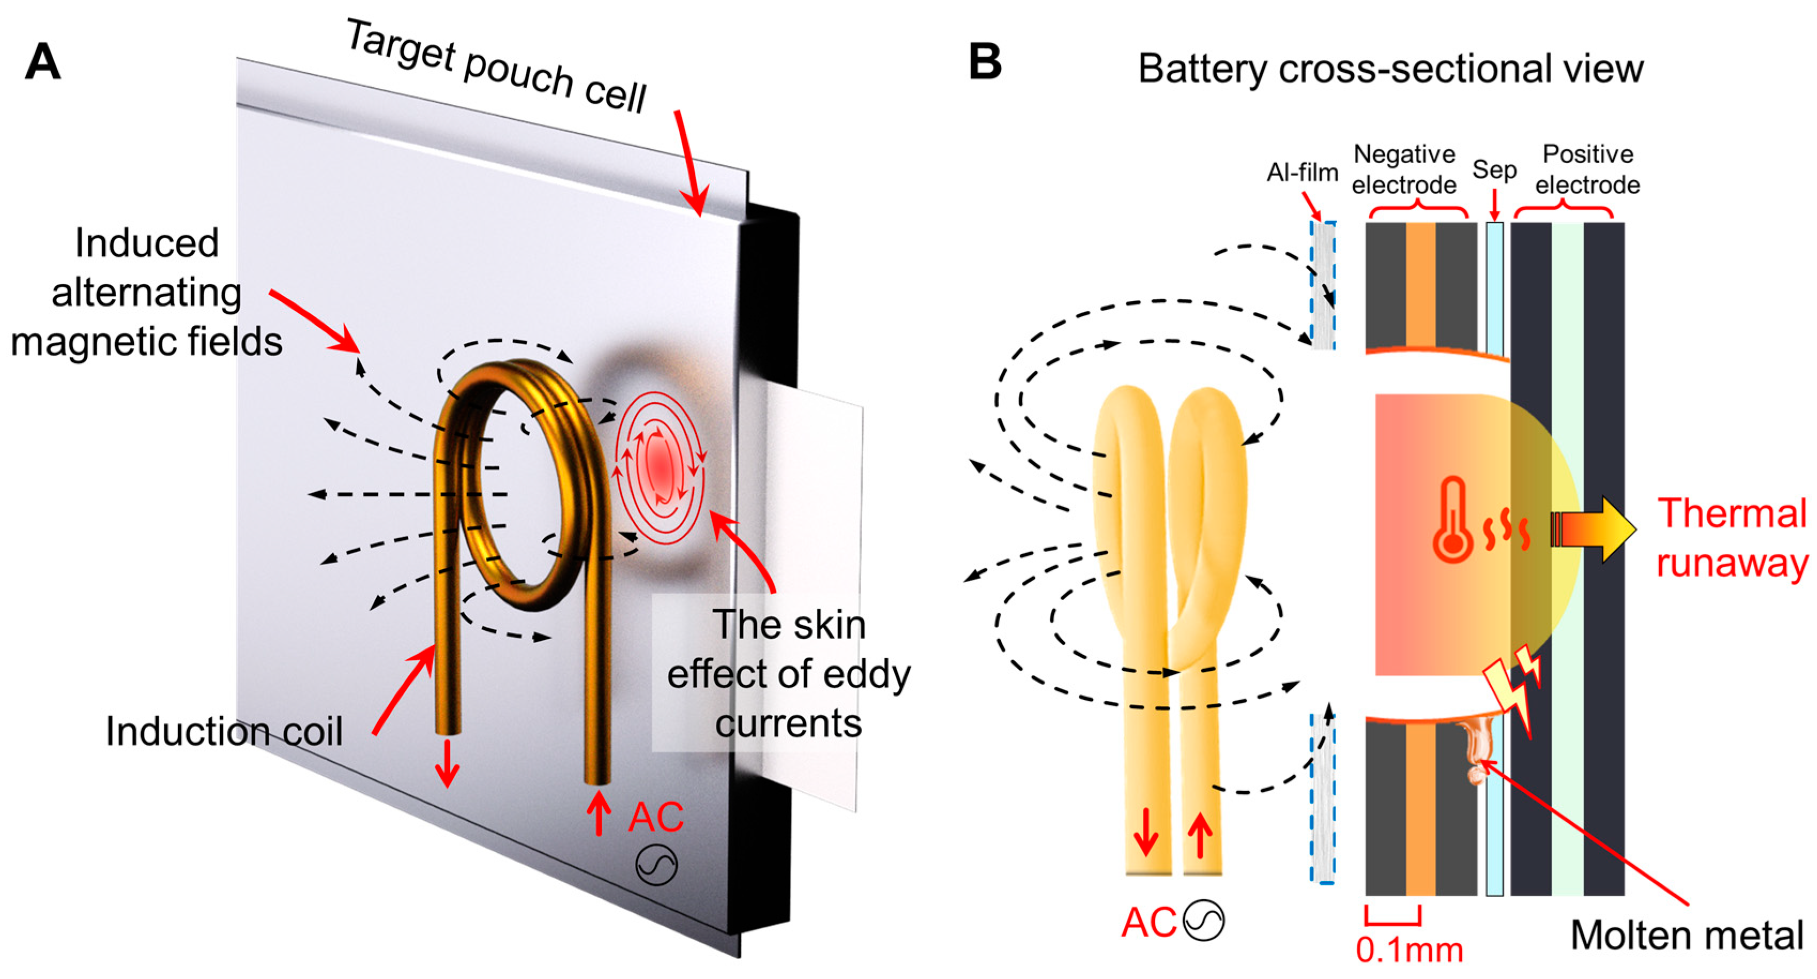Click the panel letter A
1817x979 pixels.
click(x=42, y=62)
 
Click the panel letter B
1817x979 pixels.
click(x=985, y=62)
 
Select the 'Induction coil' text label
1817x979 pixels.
click(x=224, y=731)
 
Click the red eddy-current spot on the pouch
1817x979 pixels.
click(x=660, y=465)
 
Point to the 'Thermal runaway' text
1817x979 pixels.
click(x=1731, y=538)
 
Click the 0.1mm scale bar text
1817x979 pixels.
click(x=1408, y=950)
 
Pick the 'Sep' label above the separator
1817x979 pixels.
click(x=1494, y=170)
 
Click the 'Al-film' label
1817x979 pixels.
click(x=1302, y=172)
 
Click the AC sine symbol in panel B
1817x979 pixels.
click(x=1203, y=921)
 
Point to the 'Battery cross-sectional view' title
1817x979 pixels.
click(x=1390, y=69)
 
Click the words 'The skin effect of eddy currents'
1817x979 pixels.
click(x=788, y=674)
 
